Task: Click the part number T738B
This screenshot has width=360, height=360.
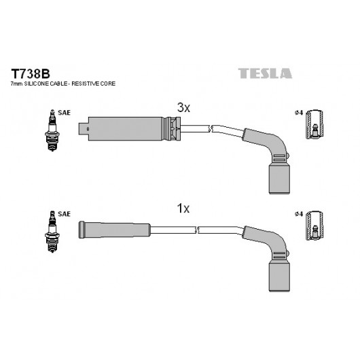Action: [x=31, y=74]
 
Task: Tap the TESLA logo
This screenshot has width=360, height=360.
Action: [x=265, y=73]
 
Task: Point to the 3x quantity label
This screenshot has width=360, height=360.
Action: [x=183, y=107]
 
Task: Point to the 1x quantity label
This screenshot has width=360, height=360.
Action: [x=183, y=209]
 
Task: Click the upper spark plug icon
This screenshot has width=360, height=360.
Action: [x=52, y=130]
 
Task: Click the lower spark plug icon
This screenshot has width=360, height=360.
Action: [x=52, y=232]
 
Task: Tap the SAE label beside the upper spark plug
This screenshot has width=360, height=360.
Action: [x=64, y=113]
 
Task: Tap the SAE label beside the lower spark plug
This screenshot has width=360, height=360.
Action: [x=64, y=214]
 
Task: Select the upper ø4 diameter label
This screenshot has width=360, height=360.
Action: [x=299, y=113]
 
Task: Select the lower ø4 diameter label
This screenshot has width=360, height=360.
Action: [x=299, y=214]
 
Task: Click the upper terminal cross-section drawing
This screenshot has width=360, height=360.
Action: [x=314, y=124]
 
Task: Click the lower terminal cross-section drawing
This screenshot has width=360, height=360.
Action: [x=314, y=226]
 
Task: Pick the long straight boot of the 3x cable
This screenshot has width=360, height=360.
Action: [x=126, y=129]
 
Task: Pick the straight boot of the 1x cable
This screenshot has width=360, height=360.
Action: [x=114, y=230]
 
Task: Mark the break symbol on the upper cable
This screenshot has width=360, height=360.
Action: [x=211, y=128]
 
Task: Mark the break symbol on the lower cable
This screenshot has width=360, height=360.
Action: [x=196, y=230]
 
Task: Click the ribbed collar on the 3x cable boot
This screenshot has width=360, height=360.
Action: [x=173, y=129]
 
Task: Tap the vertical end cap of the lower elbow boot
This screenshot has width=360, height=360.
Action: [x=279, y=276]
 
